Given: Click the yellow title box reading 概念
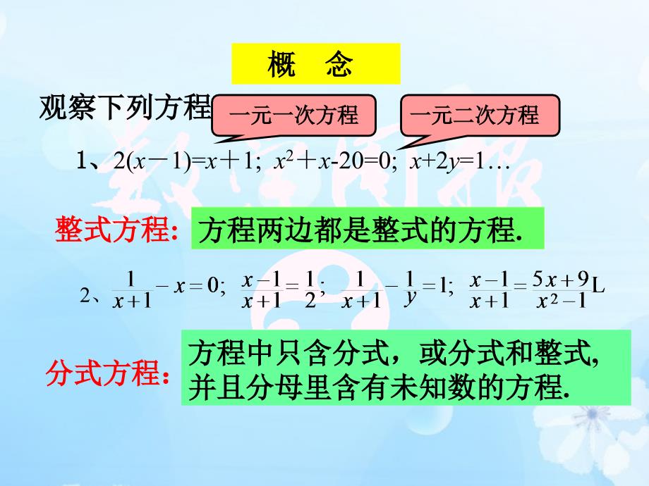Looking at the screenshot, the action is [316, 63].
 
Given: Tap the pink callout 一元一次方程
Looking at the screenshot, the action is [293, 116].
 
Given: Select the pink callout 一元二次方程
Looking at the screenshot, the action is [480, 116].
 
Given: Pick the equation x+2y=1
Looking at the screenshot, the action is [447, 161].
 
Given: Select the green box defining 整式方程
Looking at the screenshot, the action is [367, 228].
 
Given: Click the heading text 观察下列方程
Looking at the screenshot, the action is [126, 107].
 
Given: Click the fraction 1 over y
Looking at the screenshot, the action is [410, 289].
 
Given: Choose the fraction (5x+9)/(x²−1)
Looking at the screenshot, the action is [562, 290].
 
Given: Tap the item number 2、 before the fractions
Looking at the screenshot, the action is [90, 297].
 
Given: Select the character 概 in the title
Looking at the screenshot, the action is [281, 63].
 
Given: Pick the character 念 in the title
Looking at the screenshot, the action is [339, 63].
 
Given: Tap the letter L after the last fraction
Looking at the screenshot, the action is [598, 285].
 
